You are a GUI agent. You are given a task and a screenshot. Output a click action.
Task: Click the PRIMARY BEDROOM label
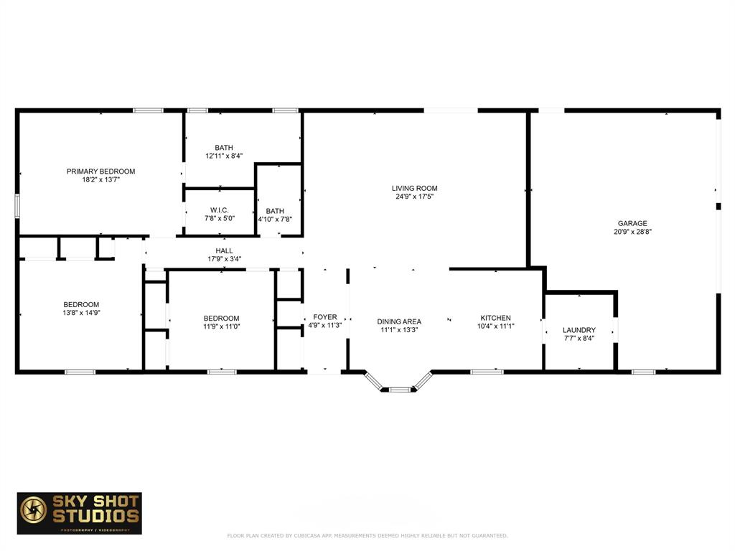coord(100,171)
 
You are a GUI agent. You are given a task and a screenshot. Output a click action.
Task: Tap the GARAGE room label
coord(633,223)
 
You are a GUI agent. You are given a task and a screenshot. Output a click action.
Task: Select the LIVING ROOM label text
coord(414,188)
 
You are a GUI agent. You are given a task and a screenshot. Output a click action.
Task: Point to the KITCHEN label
coord(495,318)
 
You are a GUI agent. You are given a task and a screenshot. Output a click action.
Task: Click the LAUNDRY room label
coord(579,330)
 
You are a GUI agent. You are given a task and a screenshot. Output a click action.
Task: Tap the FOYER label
coord(325,317)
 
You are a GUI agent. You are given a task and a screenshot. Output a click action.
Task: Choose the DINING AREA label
coord(399,321)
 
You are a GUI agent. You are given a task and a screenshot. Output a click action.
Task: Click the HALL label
coord(224,250)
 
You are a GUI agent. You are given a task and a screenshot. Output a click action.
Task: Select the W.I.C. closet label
coord(220,209)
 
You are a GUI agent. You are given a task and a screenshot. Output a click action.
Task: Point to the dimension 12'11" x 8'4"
coord(223,156)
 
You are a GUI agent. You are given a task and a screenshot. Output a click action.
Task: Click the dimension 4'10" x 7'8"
coord(275,220)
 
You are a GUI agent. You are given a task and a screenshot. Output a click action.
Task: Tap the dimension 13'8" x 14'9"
coord(80,313)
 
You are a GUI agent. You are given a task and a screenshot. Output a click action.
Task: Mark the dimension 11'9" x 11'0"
coord(221,326)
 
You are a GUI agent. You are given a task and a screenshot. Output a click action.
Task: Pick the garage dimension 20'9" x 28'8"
coord(633,232)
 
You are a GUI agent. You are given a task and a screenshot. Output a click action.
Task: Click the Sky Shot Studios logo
coord(80,513)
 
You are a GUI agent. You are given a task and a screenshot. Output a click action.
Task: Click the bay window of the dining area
coord(398,388)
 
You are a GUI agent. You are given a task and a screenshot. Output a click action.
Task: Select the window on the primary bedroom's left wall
coord(17,204)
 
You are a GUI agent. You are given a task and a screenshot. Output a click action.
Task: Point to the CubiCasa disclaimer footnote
coord(367,536)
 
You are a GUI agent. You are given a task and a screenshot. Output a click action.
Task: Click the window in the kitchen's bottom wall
coord(487,372)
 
